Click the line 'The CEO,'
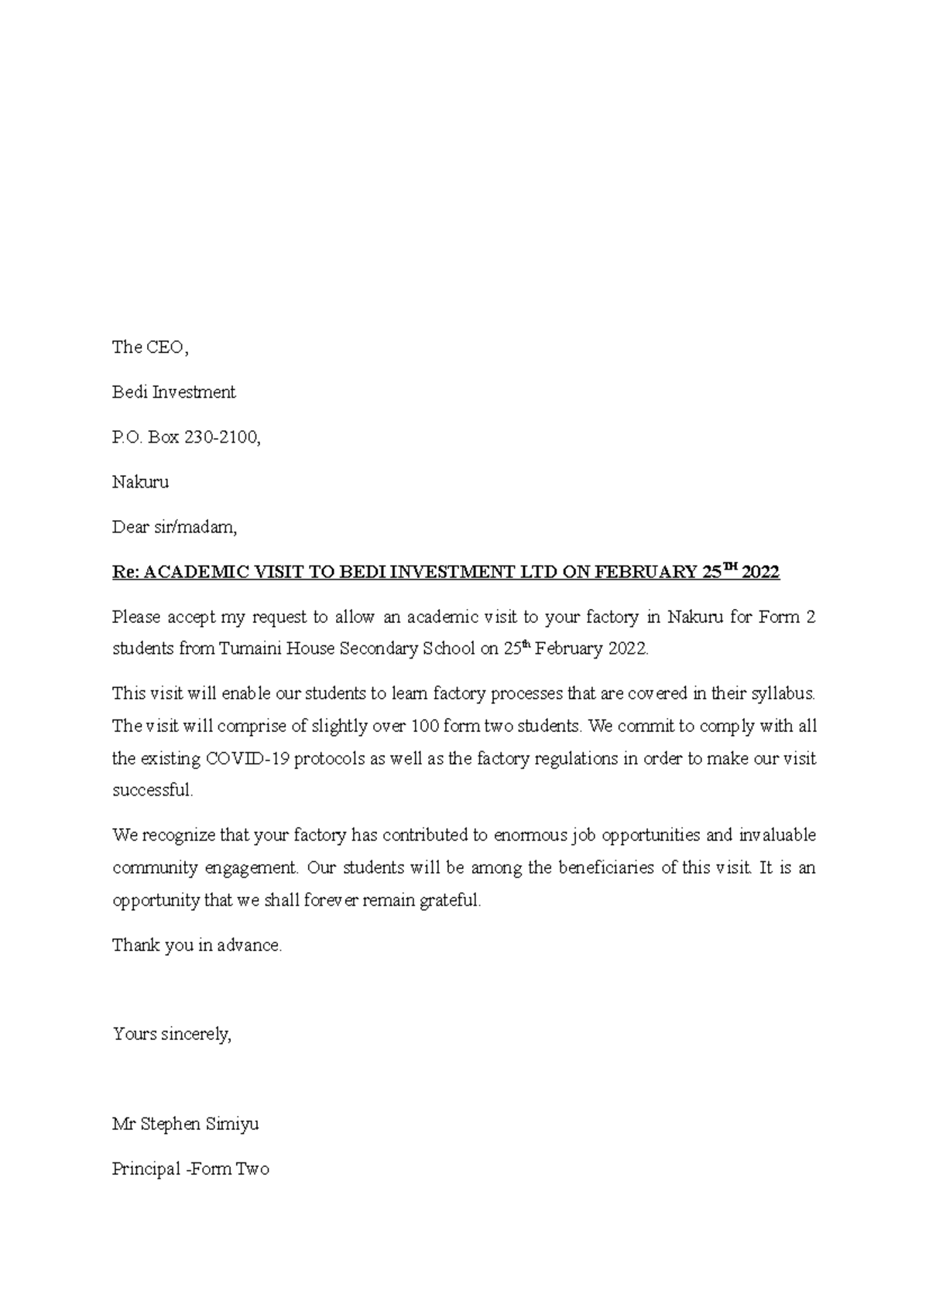[x=150, y=347]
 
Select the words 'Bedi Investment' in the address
[x=173, y=392]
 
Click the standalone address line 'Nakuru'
[x=140, y=482]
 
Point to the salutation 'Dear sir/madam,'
[x=174, y=527]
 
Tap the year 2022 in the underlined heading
[x=760, y=573]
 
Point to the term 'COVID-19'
[x=247, y=758]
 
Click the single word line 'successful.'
[x=153, y=790]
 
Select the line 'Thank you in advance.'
[x=197, y=946]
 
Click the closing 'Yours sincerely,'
[x=172, y=1034]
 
